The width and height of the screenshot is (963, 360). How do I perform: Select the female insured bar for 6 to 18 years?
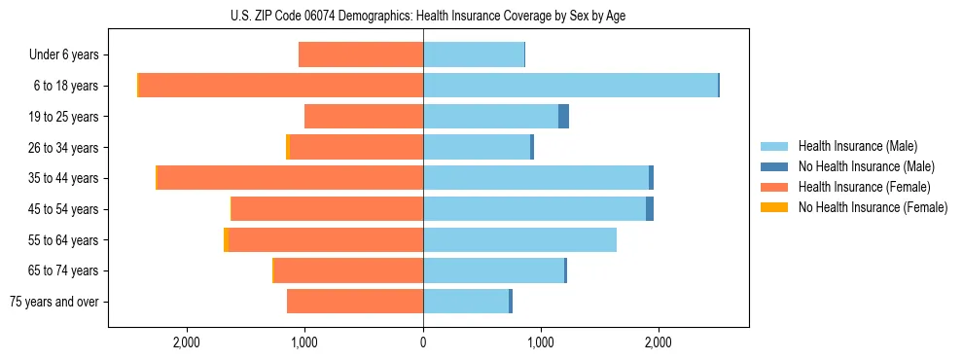click(x=281, y=86)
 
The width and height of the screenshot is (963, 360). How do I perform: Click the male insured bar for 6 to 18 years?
click(x=570, y=86)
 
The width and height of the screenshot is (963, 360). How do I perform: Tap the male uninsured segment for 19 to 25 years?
click(x=563, y=117)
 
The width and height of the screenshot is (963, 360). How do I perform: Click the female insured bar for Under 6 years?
click(x=361, y=55)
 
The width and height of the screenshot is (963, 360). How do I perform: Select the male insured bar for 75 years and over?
click(x=466, y=302)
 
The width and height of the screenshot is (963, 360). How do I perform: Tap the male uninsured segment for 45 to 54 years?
click(x=650, y=209)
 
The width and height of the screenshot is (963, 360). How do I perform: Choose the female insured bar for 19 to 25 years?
click(x=364, y=117)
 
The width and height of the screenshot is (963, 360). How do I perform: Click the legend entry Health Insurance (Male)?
click(x=857, y=146)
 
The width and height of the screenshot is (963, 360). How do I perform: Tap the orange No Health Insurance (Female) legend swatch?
click(x=774, y=207)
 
